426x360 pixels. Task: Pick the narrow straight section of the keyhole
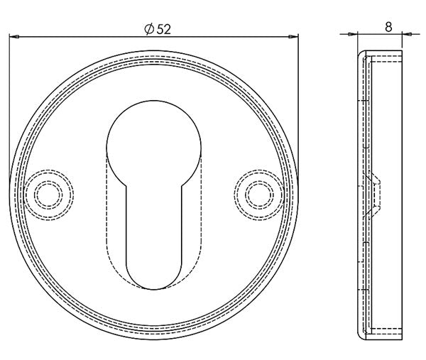153,227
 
